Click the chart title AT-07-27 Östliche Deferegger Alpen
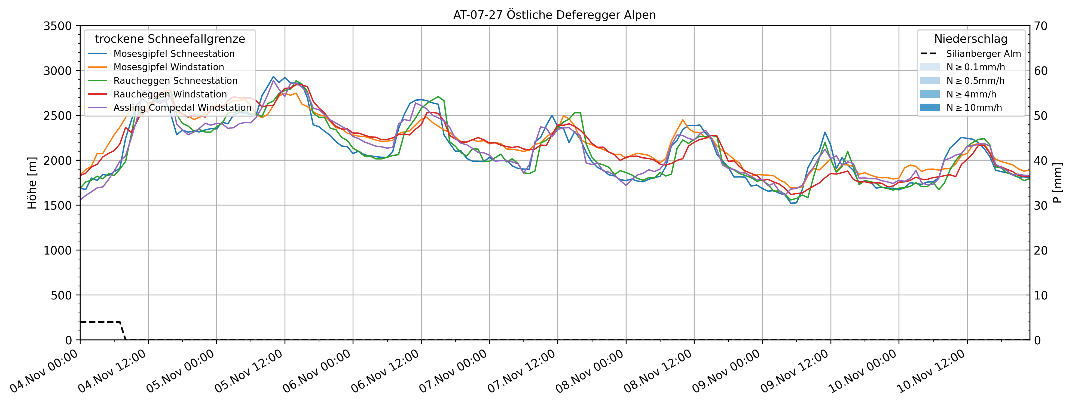(x=554, y=15)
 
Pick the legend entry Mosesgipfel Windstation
(x=169, y=67)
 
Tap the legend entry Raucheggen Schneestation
(x=175, y=81)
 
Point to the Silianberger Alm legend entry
(x=983, y=54)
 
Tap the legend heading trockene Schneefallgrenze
(x=170, y=39)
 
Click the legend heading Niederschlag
(x=970, y=39)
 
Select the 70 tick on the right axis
(x=1041, y=26)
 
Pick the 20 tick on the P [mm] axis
(x=1041, y=250)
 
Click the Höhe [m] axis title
(x=32, y=183)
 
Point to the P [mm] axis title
(x=1058, y=183)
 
